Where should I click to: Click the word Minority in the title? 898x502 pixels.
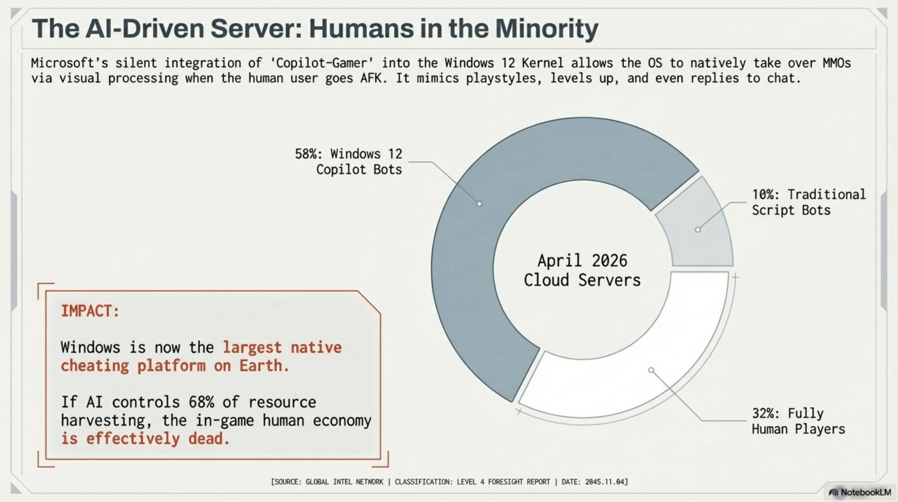point(547,29)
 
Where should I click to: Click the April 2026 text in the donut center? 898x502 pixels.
point(582,261)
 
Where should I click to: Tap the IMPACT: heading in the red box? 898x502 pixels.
point(90,311)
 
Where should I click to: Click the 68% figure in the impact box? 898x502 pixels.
point(201,402)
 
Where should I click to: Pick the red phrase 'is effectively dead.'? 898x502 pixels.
point(145,439)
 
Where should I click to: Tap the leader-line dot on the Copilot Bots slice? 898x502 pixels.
point(479,204)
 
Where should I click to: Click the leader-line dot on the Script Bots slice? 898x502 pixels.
point(698,230)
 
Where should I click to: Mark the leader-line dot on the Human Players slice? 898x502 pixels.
point(651,370)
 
